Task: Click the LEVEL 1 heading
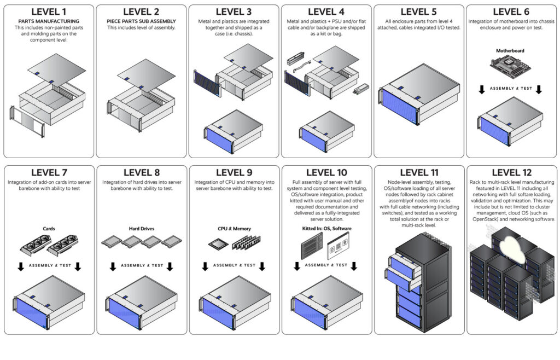(x=49, y=12)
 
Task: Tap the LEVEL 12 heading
(x=511, y=172)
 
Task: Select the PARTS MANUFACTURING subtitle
(x=49, y=21)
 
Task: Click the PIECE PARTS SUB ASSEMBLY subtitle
(x=142, y=21)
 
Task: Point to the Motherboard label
(x=510, y=51)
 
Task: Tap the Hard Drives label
(x=142, y=229)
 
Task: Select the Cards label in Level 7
(x=49, y=229)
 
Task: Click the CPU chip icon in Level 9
(x=218, y=244)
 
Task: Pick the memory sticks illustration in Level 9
(x=247, y=242)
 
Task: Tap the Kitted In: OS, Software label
(x=326, y=229)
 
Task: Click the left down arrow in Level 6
(x=482, y=89)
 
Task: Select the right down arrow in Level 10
(x=354, y=266)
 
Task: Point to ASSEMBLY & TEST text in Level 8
(x=142, y=265)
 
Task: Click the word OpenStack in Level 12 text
(x=485, y=219)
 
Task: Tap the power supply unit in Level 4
(x=361, y=89)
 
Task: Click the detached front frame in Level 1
(x=27, y=121)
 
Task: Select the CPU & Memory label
(x=234, y=229)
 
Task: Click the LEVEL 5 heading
(x=418, y=12)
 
